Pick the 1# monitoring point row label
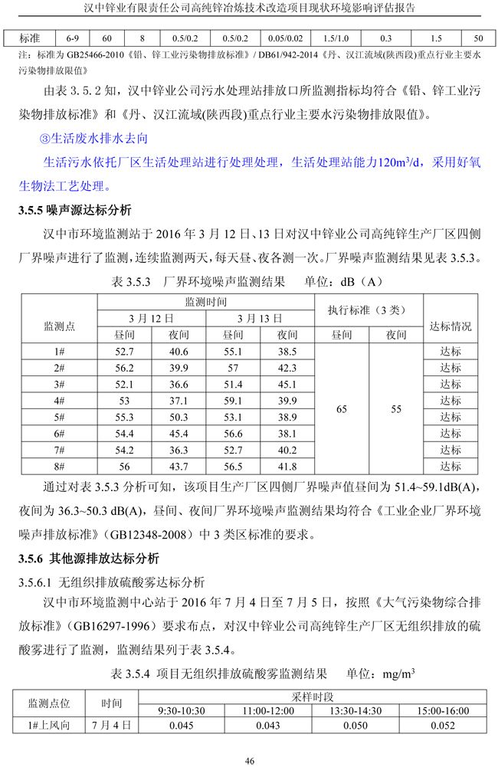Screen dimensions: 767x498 (59, 351)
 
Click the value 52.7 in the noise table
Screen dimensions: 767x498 (123, 351)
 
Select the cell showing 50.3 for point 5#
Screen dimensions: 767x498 (179, 417)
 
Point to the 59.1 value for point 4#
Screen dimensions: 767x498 (233, 400)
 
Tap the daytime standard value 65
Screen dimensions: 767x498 (341, 409)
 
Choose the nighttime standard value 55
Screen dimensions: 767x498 (395, 409)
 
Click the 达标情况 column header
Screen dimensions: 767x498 (451, 326)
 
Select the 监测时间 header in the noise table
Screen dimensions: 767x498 (205, 302)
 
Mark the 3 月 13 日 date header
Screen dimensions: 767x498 (260, 318)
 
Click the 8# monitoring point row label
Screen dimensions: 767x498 (59, 466)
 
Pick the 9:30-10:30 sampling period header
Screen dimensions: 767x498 (181, 711)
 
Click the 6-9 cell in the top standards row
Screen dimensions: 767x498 (73, 37)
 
